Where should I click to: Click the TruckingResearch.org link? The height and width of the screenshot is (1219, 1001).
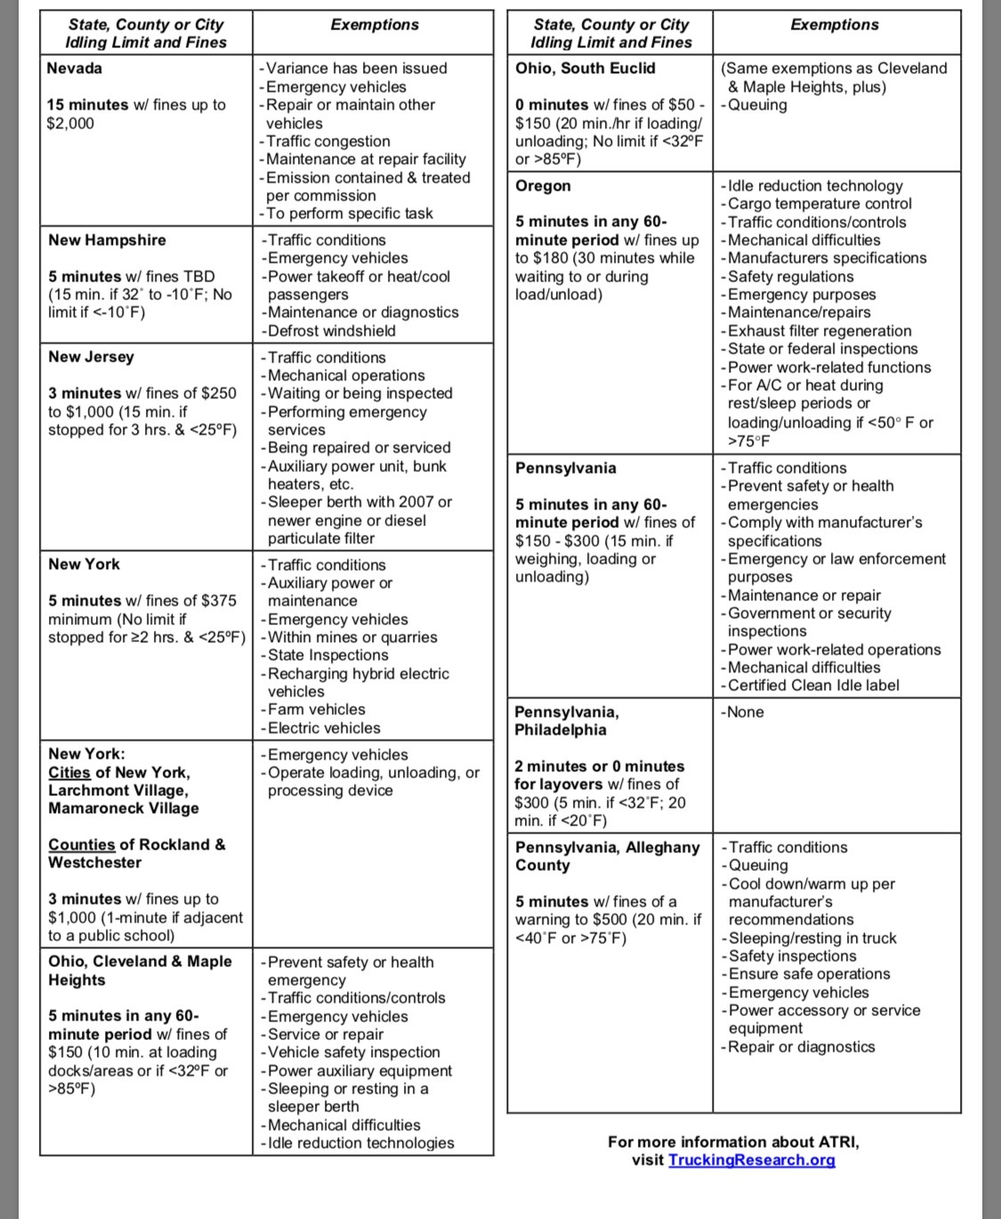(x=751, y=1159)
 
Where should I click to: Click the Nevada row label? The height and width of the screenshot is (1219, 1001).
(x=75, y=69)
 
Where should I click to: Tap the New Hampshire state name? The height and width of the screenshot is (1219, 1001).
(x=107, y=240)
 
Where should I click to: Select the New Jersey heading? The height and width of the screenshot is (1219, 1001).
(x=91, y=357)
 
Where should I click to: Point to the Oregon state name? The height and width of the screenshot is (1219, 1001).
(x=543, y=186)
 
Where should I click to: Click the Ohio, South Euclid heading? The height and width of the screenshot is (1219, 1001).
(x=585, y=69)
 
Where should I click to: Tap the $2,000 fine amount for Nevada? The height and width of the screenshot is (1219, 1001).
(x=70, y=123)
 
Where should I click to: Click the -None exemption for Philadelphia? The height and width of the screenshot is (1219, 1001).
(x=742, y=712)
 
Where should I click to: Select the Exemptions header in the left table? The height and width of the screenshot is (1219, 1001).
(x=375, y=25)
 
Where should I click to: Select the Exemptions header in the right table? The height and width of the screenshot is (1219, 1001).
(x=834, y=25)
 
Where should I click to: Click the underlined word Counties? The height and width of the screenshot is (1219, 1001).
(x=81, y=844)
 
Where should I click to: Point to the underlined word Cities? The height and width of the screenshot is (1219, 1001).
(x=69, y=772)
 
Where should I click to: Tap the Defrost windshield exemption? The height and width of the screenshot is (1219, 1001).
(x=328, y=330)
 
